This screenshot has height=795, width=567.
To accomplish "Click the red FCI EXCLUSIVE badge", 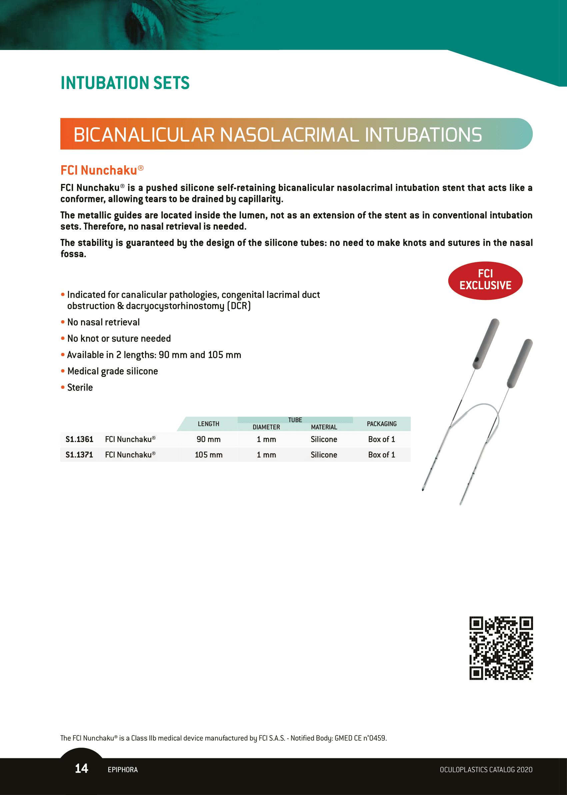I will [485, 280].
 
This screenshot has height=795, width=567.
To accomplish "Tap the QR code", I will [501, 648].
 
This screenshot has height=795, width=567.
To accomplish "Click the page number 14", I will [81, 768].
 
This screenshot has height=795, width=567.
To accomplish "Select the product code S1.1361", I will [79, 439].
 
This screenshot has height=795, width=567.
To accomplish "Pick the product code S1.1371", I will [79, 455].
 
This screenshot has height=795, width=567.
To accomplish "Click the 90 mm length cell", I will [208, 439].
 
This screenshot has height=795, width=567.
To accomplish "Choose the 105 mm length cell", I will [208, 455].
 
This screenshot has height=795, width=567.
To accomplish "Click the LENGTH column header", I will [208, 424].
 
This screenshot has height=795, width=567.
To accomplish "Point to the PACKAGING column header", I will [382, 424].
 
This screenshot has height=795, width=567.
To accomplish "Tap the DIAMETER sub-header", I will [266, 427].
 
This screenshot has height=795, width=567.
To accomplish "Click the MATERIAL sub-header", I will [324, 427].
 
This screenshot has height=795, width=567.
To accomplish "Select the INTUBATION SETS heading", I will [125, 83].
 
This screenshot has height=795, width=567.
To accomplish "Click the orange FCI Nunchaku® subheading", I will [102, 170].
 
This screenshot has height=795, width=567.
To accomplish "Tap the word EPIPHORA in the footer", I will [123, 770].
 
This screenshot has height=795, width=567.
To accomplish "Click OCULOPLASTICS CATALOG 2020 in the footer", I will [486, 770].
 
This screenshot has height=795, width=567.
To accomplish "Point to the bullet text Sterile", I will [80, 388].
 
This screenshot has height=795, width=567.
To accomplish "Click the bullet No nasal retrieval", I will [103, 322].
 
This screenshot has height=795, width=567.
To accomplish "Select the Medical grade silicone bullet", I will [112, 371].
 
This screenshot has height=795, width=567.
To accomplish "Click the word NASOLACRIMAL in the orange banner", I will [289, 135].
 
